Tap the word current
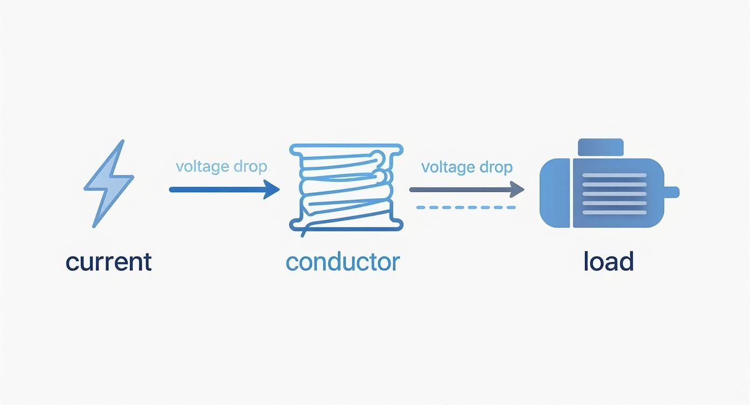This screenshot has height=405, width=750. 108,262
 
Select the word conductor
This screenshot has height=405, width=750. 343,262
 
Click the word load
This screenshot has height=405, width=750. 608,262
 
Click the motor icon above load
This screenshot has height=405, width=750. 609,191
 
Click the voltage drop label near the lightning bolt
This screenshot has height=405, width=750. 221,166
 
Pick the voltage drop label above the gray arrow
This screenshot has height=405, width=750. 467,167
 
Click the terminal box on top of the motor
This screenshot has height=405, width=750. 600,147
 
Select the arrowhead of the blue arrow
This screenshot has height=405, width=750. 272,190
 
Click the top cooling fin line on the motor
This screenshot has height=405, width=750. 614,176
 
